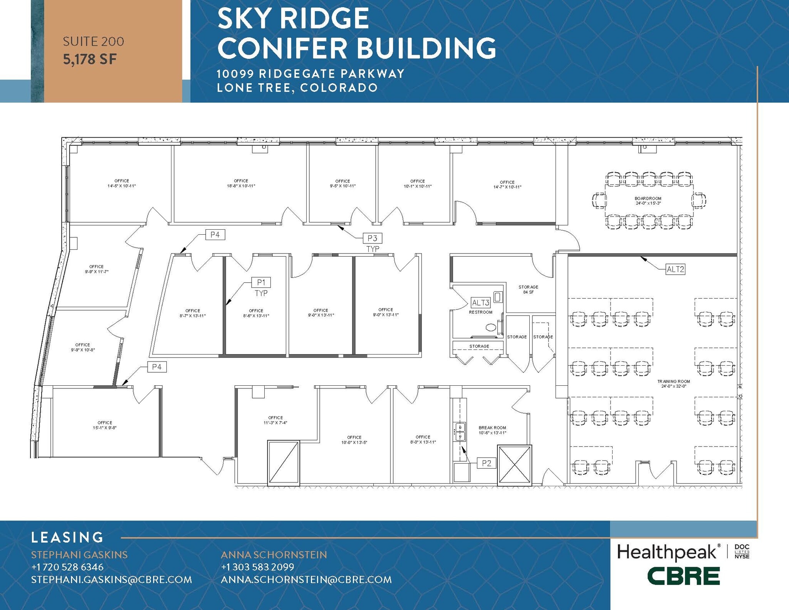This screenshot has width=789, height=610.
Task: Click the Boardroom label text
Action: click(648, 201)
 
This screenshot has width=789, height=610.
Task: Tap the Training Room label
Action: click(673, 383)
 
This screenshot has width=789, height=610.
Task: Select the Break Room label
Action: click(492, 430)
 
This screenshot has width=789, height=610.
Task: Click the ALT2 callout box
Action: click(675, 269)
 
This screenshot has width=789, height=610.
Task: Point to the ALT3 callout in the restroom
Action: click(480, 303)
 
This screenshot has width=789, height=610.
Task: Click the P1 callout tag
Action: click(261, 282)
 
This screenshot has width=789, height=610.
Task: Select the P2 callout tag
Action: click(486, 463)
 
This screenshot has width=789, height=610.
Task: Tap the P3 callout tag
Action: click(372, 238)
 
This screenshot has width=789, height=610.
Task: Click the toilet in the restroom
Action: click(491, 328)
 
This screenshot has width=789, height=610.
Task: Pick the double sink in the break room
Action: click(460, 432)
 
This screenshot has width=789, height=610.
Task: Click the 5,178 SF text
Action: click(90, 59)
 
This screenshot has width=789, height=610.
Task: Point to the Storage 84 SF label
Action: click(528, 289)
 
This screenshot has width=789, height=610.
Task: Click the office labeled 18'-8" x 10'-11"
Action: click(241, 183)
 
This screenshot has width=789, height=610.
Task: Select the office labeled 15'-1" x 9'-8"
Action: click(105, 425)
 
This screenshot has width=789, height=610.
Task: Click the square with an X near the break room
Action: click(514, 465)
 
